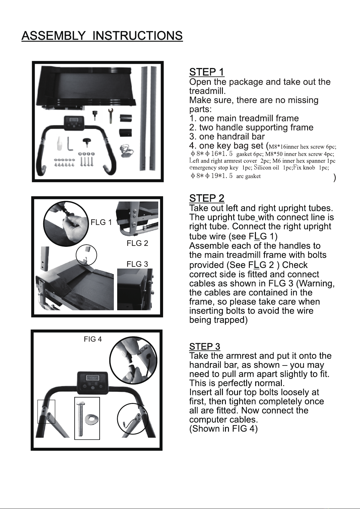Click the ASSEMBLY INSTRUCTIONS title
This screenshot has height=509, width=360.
coord(102,36)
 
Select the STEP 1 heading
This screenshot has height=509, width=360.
coord(207,72)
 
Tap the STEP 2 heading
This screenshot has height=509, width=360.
coord(207,198)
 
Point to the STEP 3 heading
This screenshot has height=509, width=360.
coord(205,346)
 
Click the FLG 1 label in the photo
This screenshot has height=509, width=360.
coord(101,222)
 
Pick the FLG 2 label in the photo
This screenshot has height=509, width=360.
coord(137,243)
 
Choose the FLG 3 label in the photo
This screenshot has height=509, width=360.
coord(137,264)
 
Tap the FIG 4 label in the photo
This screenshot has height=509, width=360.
coord(93,339)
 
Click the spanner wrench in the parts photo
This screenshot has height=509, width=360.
coord(111,116)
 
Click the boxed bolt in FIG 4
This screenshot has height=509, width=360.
coord(80,419)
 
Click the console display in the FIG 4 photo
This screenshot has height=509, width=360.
coord(92,378)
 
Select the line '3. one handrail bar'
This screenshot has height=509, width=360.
coord(227,137)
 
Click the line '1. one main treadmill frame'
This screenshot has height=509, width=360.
coord(244,118)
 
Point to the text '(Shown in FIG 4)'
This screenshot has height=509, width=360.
coord(223,429)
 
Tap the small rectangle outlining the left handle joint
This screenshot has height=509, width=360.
coord(46,411)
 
